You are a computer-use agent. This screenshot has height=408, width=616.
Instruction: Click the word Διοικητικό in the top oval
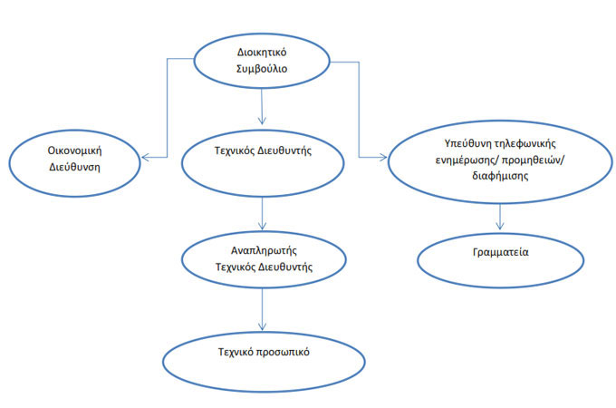(x=262, y=52)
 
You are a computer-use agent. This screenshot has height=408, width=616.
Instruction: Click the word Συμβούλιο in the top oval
(x=262, y=69)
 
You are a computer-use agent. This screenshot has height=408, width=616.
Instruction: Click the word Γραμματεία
(x=499, y=253)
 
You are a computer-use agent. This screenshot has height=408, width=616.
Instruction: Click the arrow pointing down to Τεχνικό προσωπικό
(x=262, y=308)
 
